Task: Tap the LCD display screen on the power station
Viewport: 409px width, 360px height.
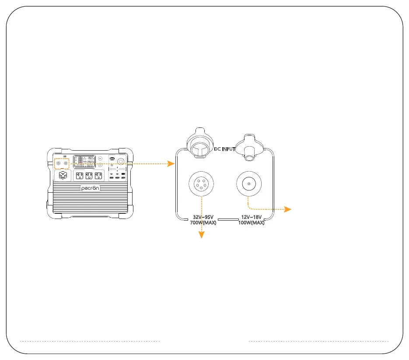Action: [x=85, y=161]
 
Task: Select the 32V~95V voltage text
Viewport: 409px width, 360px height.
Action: [x=203, y=217]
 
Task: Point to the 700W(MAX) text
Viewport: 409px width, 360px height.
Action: [x=203, y=223]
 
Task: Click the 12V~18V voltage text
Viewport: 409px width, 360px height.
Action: [x=251, y=217]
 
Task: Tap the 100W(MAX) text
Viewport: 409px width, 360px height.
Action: [x=251, y=223]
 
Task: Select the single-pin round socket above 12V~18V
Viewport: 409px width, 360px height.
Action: [x=248, y=184]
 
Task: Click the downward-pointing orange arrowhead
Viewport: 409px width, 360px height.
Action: [x=202, y=235]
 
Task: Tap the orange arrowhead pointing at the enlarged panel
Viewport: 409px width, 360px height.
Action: [x=171, y=164]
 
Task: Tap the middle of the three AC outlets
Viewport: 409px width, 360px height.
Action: [x=89, y=176]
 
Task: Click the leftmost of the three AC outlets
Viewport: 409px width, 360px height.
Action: [x=80, y=176]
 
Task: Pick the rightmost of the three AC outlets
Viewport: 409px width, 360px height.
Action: [x=99, y=176]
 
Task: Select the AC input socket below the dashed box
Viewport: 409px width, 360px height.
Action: [x=63, y=175]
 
